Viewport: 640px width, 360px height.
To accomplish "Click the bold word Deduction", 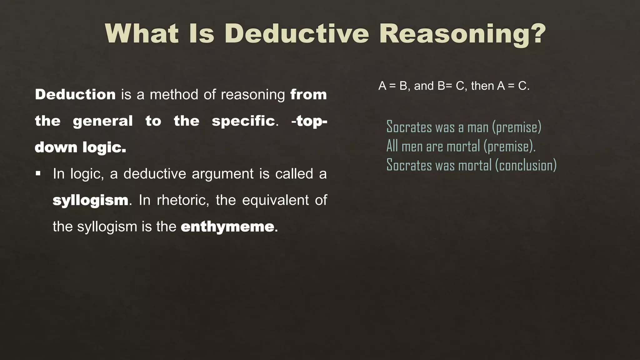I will tap(75, 94).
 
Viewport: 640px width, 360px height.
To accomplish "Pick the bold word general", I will tap(103, 121).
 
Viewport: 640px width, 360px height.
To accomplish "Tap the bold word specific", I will tap(243, 121).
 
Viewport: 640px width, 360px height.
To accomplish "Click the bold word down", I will tap(56, 147).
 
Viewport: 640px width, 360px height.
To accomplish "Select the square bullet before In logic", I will tap(38, 173).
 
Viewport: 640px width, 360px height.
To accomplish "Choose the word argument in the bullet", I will tap(222, 174).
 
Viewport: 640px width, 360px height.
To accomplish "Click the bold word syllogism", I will tap(91, 200).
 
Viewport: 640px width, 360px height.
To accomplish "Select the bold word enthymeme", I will tap(227, 227).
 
